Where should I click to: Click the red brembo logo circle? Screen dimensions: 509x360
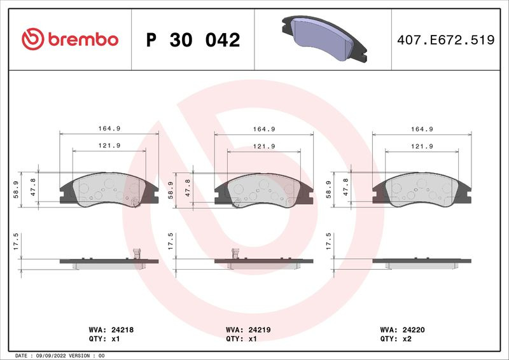point(33,39)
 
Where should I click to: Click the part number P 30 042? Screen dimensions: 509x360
point(193,40)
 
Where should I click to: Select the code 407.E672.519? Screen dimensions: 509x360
point(446,40)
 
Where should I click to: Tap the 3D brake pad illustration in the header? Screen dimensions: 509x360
point(324,38)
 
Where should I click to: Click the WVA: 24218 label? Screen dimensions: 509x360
point(111,330)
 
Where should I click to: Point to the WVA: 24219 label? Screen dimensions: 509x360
point(248,330)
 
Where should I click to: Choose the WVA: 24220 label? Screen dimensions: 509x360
point(402,330)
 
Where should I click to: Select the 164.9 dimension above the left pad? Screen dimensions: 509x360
point(109,128)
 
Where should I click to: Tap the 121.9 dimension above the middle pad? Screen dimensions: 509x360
point(264,146)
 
